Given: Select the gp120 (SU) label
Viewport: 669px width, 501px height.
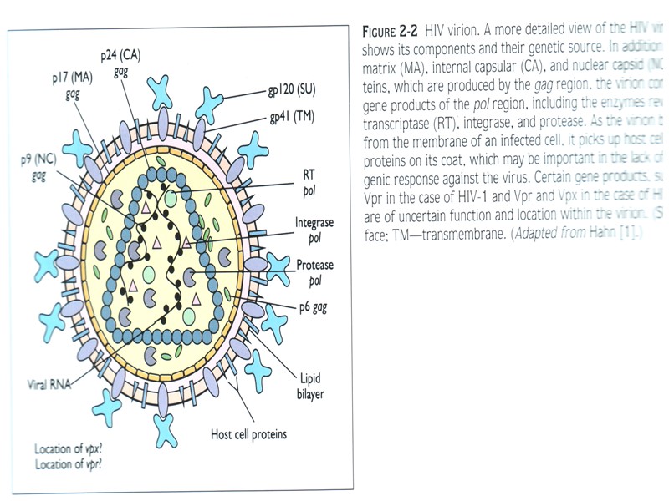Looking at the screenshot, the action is tap(286, 89).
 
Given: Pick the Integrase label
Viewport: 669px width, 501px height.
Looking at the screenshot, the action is tap(314, 223).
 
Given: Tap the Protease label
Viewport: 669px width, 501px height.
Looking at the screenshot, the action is tap(314, 266).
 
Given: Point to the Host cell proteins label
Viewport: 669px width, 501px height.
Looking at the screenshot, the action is tap(248, 433).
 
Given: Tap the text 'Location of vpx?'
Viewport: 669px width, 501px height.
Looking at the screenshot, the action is tap(73, 448).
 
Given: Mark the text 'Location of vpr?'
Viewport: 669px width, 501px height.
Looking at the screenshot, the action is tap(73, 463).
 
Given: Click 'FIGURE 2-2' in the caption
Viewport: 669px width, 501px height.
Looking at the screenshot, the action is tap(391, 32).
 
